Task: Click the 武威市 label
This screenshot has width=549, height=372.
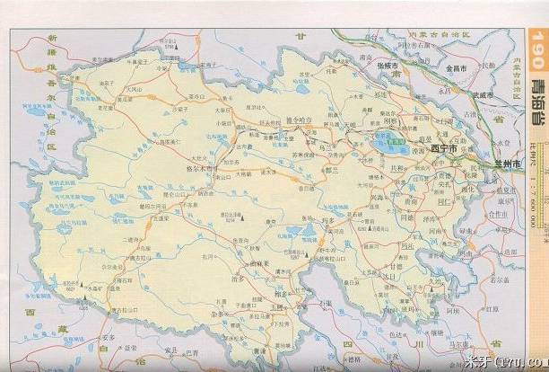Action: [x=473, y=94]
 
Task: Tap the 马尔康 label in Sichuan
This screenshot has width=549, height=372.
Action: [x=485, y=343]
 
